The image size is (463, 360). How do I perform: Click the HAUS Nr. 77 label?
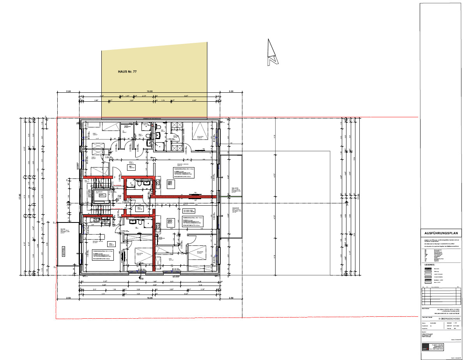(x=127, y=72)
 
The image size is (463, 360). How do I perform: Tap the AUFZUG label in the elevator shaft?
(x=99, y=192)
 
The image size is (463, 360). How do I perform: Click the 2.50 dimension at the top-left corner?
(x=68, y=92)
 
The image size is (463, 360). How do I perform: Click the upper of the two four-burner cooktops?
(x=170, y=182)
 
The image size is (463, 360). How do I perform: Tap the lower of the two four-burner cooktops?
(x=170, y=222)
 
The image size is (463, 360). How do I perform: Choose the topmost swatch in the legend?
(x=428, y=268)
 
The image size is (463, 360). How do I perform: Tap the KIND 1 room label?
(x=95, y=133)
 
